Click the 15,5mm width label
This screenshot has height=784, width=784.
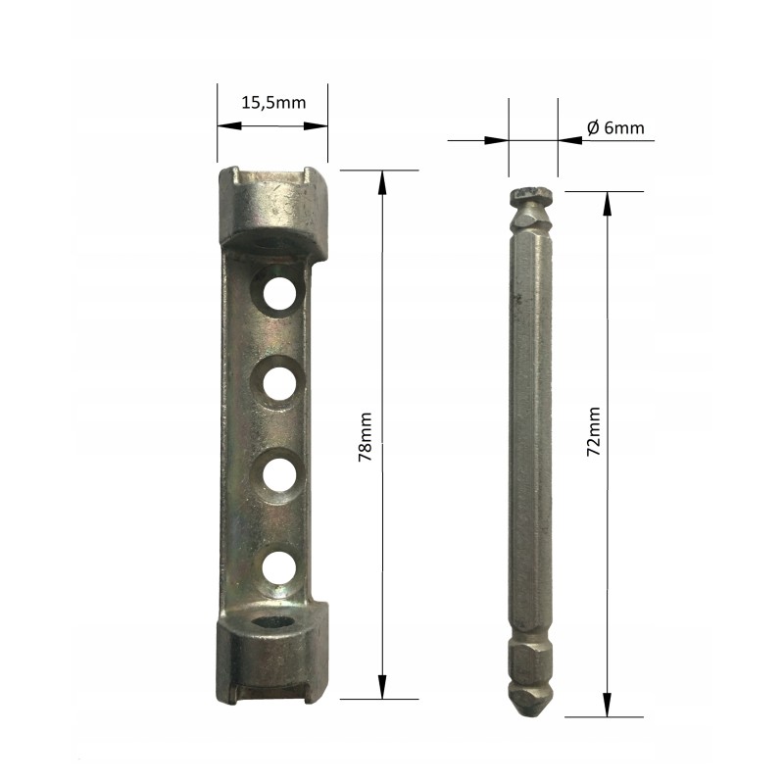(273, 103)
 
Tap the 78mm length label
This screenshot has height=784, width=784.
(365, 436)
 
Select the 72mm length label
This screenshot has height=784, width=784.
(594, 431)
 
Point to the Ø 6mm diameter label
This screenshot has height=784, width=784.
(615, 128)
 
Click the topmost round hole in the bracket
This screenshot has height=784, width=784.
(279, 293)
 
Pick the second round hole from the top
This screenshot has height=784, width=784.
(279, 384)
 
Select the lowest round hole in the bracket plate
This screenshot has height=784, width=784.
(278, 568)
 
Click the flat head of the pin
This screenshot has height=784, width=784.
(530, 194)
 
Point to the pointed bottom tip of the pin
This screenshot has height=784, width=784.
(530, 715)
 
